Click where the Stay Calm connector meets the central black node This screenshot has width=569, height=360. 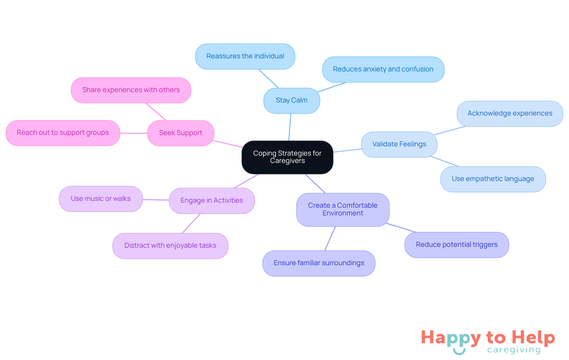point(289,141)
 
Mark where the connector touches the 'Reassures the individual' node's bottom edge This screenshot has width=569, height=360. point(259,69)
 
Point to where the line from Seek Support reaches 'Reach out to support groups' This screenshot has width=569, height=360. point(120,133)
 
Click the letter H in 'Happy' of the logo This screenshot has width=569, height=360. point(428,337)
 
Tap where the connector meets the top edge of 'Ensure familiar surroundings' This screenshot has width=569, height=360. point(325,251)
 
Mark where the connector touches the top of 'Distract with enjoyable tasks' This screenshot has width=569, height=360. point(182,233)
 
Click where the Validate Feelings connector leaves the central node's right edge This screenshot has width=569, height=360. point(333,152)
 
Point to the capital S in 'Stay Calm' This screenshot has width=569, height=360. point(278,100)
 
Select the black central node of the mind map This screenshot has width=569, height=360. point(287,157)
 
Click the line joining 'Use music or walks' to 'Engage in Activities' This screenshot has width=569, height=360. point(156,200)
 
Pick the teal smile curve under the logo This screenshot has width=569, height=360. point(459,351)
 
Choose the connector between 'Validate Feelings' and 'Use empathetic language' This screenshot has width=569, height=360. point(445,161)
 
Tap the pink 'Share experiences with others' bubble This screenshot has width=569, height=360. point(131,90)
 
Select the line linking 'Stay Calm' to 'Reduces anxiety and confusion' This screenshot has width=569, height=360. point(332,87)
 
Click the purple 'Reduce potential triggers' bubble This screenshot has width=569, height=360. point(457,245)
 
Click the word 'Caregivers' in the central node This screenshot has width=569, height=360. point(287,161)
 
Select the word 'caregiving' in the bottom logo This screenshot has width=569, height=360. point(514,350)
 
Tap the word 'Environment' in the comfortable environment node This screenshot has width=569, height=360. point(343,213)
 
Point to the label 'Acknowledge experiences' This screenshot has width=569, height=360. point(510,113)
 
